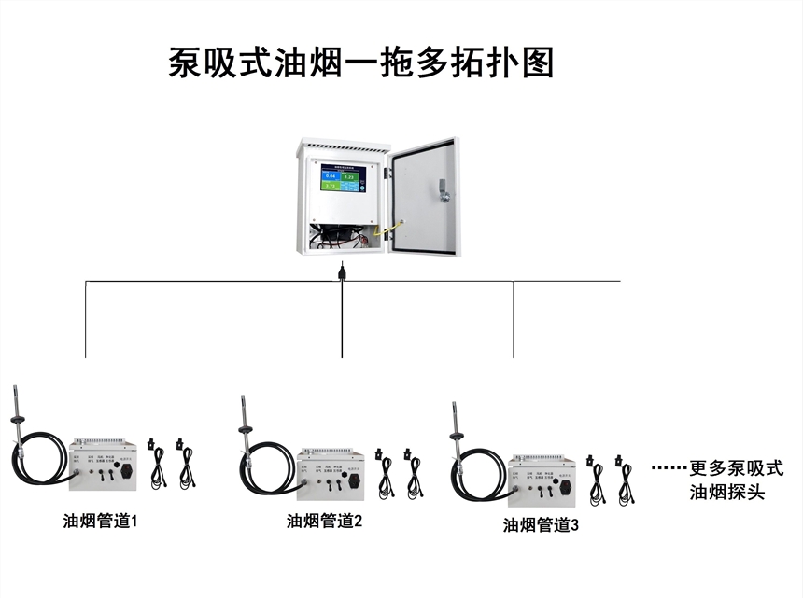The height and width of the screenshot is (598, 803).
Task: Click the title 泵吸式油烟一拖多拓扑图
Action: pos(361,63)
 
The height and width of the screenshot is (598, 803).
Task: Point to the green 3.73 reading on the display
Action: pos(330,185)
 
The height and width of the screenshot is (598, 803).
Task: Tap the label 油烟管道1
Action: pos(100,521)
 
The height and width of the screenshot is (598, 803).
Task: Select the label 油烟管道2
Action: pos(324,522)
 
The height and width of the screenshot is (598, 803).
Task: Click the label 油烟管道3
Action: pos(541,525)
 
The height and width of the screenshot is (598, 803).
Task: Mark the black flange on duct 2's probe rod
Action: pos(244,430)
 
